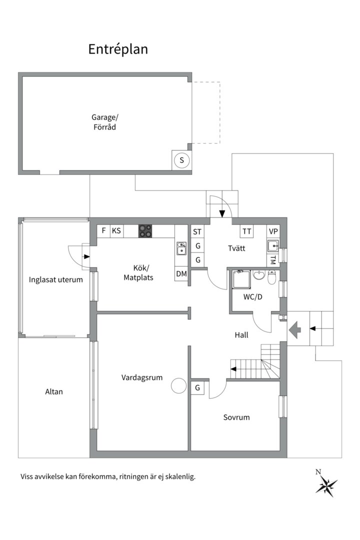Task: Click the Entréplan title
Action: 118,49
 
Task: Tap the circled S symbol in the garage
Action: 182,160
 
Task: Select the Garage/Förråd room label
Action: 104,122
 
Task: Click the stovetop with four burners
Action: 145,231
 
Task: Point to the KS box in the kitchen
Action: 116,231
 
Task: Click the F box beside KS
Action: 103,231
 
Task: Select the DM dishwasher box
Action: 181,274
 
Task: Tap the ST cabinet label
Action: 197,231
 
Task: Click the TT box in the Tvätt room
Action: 246,231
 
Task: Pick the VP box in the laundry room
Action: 273,231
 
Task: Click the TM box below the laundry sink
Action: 273,260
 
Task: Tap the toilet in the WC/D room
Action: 272,277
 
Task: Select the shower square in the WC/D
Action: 241,280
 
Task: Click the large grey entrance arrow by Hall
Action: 294,329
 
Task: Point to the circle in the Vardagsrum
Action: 178,385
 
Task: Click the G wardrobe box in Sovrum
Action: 198,388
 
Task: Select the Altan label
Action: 54,391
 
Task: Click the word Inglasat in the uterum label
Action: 41,279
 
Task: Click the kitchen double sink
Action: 181,248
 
